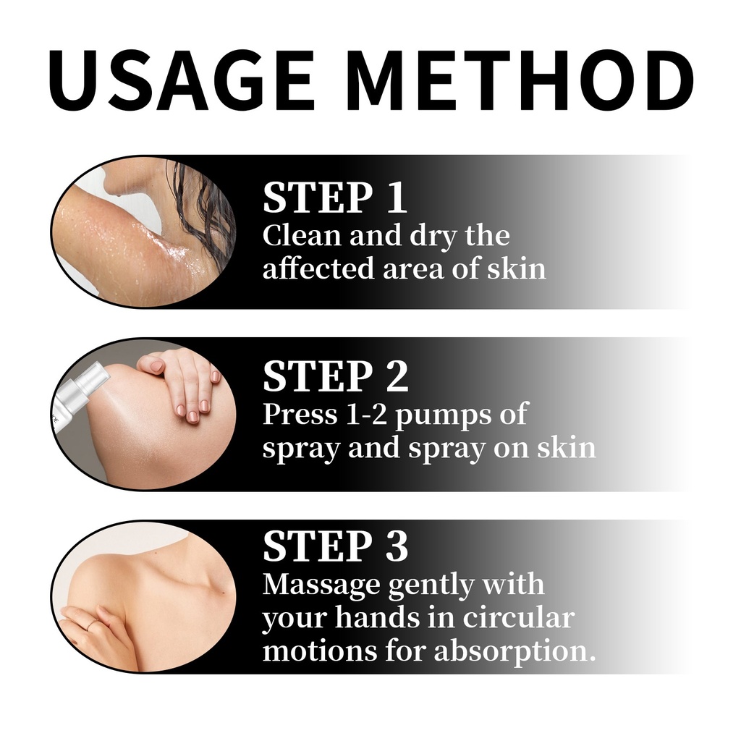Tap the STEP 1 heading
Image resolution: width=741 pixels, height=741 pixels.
334,198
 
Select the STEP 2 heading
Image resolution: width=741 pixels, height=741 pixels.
336,376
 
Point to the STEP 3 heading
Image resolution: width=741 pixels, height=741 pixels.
335,546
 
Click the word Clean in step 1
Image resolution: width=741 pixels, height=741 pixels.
302,235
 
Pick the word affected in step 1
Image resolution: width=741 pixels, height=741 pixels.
318,268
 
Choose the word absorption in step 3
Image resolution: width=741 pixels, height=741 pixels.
515,652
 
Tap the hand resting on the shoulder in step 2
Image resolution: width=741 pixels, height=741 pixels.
182,383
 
